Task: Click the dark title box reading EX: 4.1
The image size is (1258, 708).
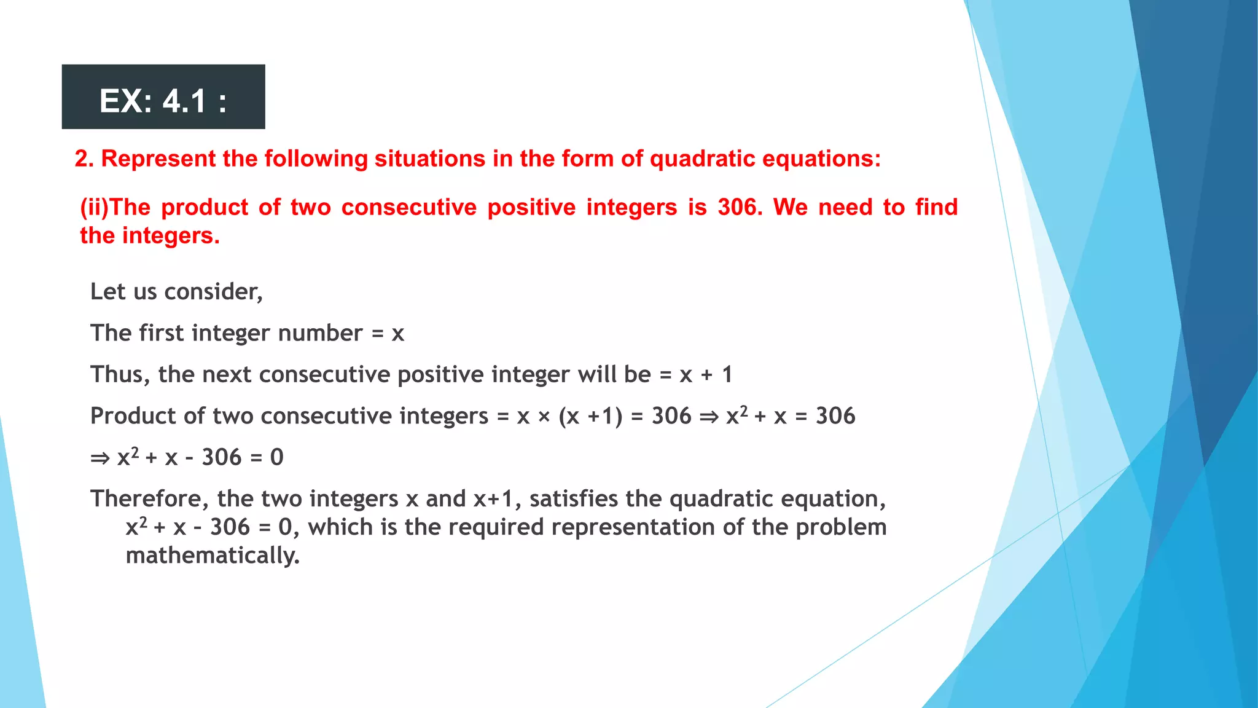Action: [x=163, y=97]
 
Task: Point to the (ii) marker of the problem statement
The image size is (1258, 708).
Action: [x=94, y=208]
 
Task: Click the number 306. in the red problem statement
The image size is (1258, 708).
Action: [x=740, y=208]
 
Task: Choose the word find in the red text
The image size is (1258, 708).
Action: [x=936, y=208]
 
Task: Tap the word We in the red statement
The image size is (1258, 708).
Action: [x=790, y=208]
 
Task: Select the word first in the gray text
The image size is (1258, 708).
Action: [x=162, y=333]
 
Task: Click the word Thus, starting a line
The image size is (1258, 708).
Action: [x=120, y=374]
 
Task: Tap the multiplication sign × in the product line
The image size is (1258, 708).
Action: [x=544, y=417]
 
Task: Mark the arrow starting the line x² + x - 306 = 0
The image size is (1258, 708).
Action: [x=100, y=458]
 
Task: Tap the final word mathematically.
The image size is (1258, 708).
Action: [x=213, y=556]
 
